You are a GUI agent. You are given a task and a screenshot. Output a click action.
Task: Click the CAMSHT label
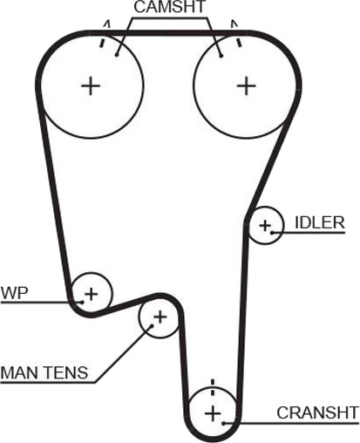coord(170,7)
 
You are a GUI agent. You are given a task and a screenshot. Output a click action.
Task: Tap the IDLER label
coord(320,222)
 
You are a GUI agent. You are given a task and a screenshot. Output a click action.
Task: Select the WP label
coord(15,293)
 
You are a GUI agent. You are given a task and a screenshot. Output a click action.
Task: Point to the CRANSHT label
coord(317,412)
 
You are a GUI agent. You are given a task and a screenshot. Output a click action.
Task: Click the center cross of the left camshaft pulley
coord(91,85)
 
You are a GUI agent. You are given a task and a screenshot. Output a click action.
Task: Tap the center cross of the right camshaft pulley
coord(247,85)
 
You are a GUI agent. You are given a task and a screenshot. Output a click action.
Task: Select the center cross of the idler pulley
coord(265,226)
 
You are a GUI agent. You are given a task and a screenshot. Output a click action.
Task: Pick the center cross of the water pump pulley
coord(92,294)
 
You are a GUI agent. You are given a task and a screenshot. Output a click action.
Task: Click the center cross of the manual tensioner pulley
coord(160,317)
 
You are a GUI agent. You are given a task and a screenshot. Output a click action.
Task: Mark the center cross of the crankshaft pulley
coord(213,413)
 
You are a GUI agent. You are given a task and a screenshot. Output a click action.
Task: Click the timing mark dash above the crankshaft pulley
coord(213,387)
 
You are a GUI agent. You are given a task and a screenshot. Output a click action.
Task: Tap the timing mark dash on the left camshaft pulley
coord(102,42)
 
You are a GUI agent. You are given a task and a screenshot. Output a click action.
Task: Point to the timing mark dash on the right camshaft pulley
coord(239,42)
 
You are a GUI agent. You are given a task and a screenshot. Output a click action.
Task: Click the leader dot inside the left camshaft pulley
coord(117,55)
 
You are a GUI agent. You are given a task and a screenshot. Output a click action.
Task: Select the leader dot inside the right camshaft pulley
coord(221,56)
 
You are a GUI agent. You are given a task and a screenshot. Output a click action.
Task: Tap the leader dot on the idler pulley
coord(272,232)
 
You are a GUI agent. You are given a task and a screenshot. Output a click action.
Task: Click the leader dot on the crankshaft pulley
coord(224,423)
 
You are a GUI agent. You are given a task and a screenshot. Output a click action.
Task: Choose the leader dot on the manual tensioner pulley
coord(152,326)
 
